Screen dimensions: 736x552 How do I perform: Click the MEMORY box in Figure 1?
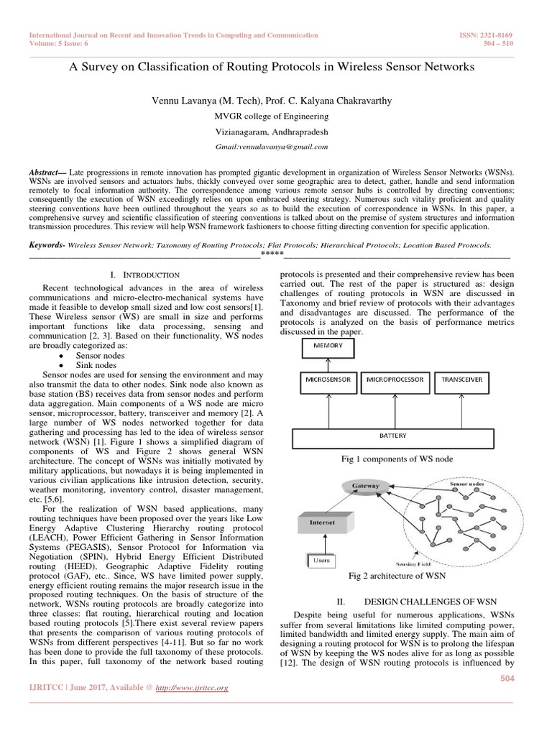326,346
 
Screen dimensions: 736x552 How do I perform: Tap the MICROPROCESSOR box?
395,379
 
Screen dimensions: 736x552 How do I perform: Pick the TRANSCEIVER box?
462,379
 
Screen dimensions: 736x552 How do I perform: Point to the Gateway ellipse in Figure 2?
365,487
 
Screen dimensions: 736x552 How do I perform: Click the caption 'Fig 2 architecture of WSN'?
397,576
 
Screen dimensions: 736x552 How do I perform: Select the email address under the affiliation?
272,146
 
